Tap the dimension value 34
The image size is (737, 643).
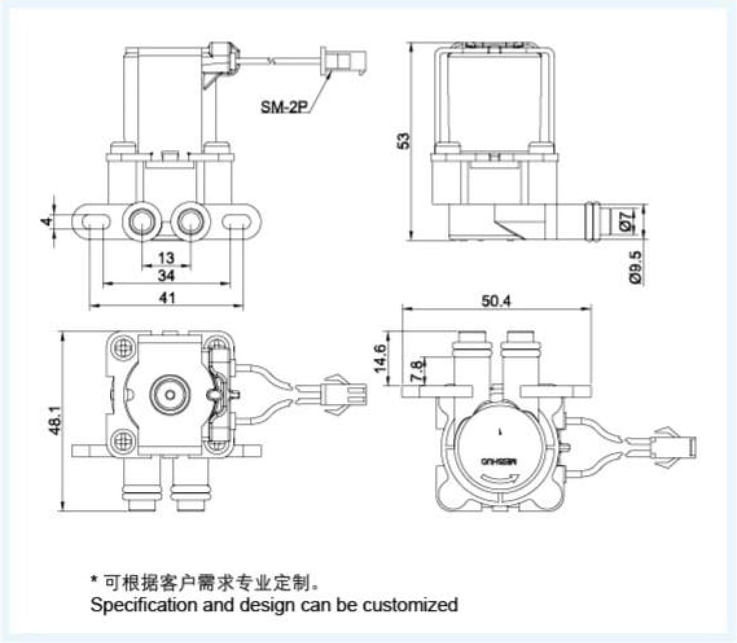point(166,276)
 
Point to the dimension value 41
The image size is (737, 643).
point(167,298)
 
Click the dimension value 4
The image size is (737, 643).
point(45,221)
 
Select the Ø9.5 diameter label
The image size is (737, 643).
point(635,267)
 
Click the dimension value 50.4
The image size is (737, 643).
point(497,301)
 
